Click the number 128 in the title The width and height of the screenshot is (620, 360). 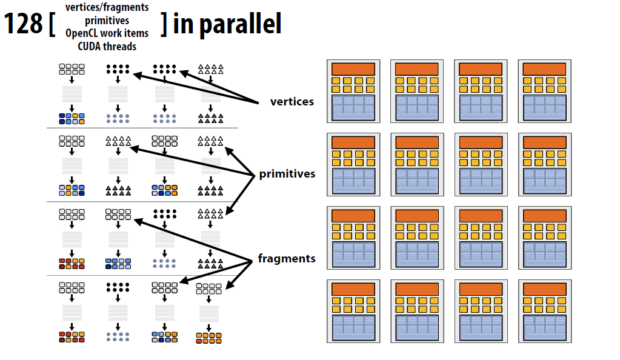click(x=24, y=25)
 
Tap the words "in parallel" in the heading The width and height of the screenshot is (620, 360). click(x=227, y=24)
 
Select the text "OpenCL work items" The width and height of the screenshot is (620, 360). click(x=107, y=33)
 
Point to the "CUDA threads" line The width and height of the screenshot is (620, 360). click(x=107, y=46)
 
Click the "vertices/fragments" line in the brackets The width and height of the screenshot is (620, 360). click(x=107, y=8)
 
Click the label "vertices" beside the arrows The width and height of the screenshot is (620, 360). click(x=292, y=101)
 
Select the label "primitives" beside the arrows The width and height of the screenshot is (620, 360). click(x=287, y=174)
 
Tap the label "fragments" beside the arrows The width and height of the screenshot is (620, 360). click(x=287, y=259)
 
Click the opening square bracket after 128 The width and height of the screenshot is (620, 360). click(x=54, y=25)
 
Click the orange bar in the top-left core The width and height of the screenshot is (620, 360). click(x=354, y=69)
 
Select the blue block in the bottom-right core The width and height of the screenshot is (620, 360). click(x=544, y=327)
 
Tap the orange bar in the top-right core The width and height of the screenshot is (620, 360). click(x=544, y=69)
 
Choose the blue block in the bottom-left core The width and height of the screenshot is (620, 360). click(x=354, y=327)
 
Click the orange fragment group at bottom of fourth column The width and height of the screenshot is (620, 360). click(x=208, y=336)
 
